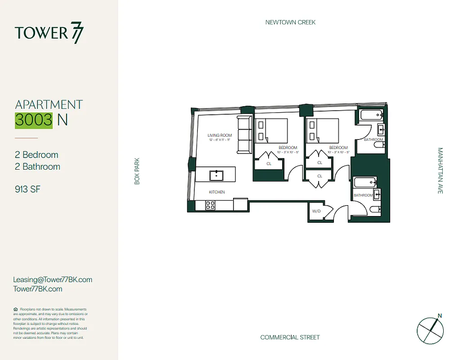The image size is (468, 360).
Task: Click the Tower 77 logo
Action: (x=49, y=34)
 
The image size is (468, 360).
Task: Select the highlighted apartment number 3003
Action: (x=34, y=120)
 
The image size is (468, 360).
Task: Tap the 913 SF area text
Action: (x=28, y=189)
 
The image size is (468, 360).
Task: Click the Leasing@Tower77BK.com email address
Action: (x=53, y=279)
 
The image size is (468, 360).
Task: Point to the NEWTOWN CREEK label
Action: (x=290, y=22)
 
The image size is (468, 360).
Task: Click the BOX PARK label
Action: (x=137, y=171)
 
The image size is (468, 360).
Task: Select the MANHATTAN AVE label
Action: (x=440, y=171)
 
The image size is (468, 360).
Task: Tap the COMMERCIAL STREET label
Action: (x=290, y=337)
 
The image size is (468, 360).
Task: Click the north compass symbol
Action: (x=430, y=328)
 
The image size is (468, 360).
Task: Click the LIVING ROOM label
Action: (x=219, y=135)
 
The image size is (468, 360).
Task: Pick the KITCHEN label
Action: (x=216, y=192)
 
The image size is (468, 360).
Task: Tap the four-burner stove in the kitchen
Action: (x=210, y=205)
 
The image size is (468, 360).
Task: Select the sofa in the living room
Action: (x=244, y=135)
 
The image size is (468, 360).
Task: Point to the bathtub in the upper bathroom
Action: (x=371, y=115)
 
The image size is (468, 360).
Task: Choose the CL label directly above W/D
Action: (x=319, y=176)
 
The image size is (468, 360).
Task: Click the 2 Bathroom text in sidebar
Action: (x=37, y=166)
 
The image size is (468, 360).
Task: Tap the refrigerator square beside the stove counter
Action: (x=240, y=204)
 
